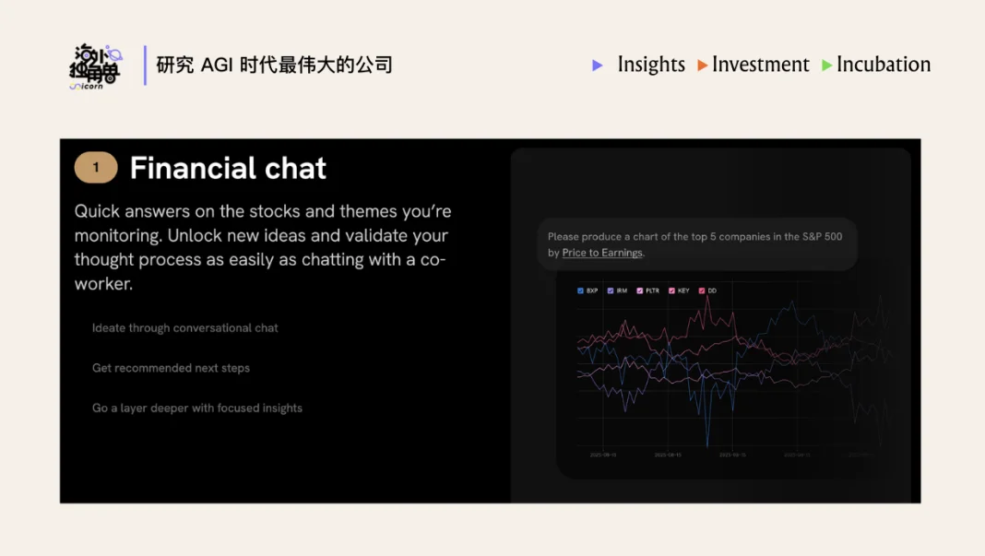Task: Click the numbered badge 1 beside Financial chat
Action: click(x=96, y=168)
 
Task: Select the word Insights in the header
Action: click(x=651, y=65)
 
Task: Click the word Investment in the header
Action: click(x=760, y=65)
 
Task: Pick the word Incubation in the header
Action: click(x=883, y=65)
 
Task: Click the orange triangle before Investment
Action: click(x=703, y=65)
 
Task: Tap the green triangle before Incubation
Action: click(x=827, y=65)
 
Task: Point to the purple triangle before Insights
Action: click(x=598, y=65)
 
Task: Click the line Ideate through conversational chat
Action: click(x=184, y=327)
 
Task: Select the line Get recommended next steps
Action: click(x=171, y=368)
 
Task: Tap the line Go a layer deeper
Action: click(x=196, y=408)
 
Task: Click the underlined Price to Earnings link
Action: click(x=602, y=253)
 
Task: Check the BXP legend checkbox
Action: click(x=581, y=290)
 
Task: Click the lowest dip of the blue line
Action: click(x=707, y=446)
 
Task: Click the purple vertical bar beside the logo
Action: click(x=145, y=65)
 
